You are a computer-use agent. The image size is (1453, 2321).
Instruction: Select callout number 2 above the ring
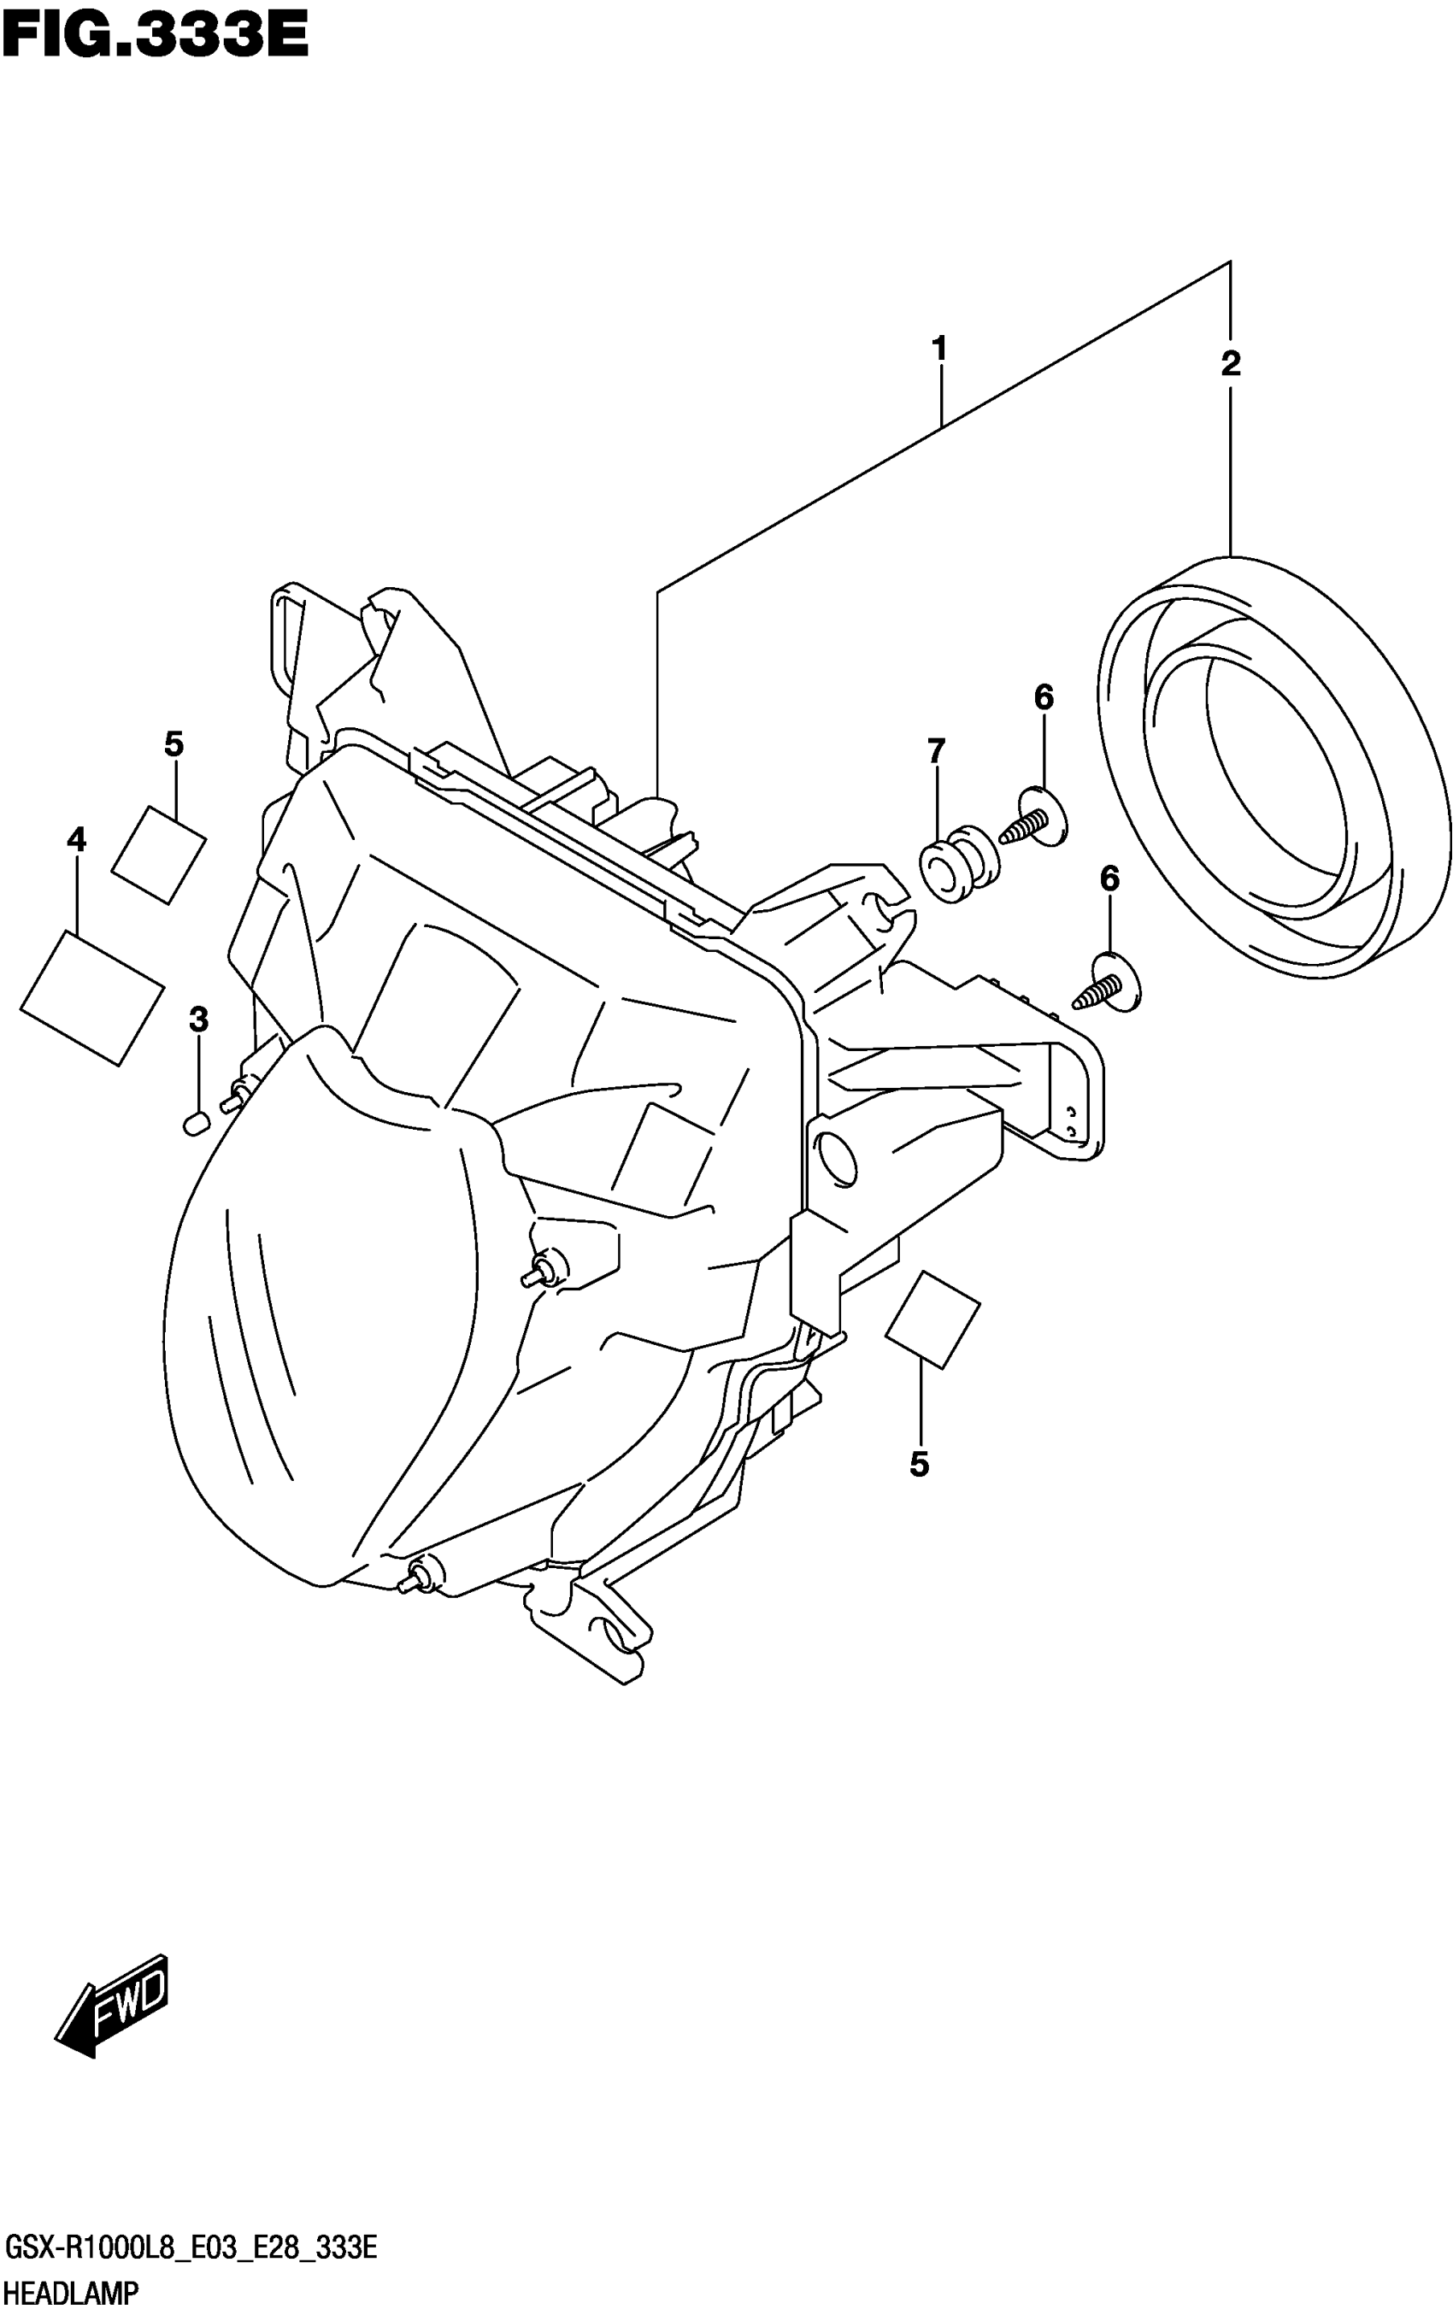point(1230,363)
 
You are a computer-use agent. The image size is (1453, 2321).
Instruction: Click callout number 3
point(198,1019)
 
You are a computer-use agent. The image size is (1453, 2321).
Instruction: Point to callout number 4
point(76,840)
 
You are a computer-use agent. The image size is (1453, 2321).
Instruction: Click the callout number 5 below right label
point(919,1464)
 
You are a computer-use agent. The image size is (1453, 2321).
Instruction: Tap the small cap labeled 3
point(195,1122)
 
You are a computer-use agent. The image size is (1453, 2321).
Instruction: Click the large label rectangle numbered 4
point(91,997)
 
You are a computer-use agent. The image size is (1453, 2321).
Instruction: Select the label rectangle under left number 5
point(159,854)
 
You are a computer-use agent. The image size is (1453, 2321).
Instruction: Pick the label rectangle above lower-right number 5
point(931,1318)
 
